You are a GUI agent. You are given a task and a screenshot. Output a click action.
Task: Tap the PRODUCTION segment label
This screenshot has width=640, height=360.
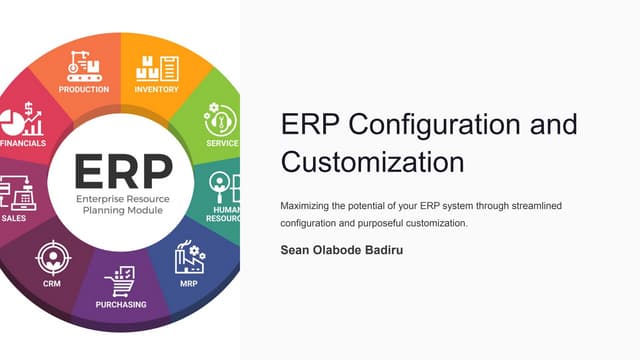click(84, 90)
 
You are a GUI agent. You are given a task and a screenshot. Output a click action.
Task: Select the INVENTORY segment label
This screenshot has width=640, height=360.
click(156, 90)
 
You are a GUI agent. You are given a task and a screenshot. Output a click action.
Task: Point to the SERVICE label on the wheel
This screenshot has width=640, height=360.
click(222, 143)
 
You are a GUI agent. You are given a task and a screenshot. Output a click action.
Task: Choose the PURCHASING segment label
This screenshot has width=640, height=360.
click(121, 304)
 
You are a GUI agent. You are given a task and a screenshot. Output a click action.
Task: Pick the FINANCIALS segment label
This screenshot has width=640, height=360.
click(22, 144)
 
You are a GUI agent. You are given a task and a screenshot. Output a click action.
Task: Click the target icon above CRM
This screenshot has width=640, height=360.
click(50, 258)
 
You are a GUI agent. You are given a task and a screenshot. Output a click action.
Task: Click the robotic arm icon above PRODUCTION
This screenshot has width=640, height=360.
click(84, 65)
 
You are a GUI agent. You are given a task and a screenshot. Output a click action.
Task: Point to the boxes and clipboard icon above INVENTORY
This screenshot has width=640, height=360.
click(157, 67)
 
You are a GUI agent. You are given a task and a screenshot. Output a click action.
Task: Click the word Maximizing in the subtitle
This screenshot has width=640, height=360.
click(311, 205)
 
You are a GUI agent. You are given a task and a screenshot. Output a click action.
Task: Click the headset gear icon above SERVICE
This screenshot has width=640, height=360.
click(220, 119)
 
